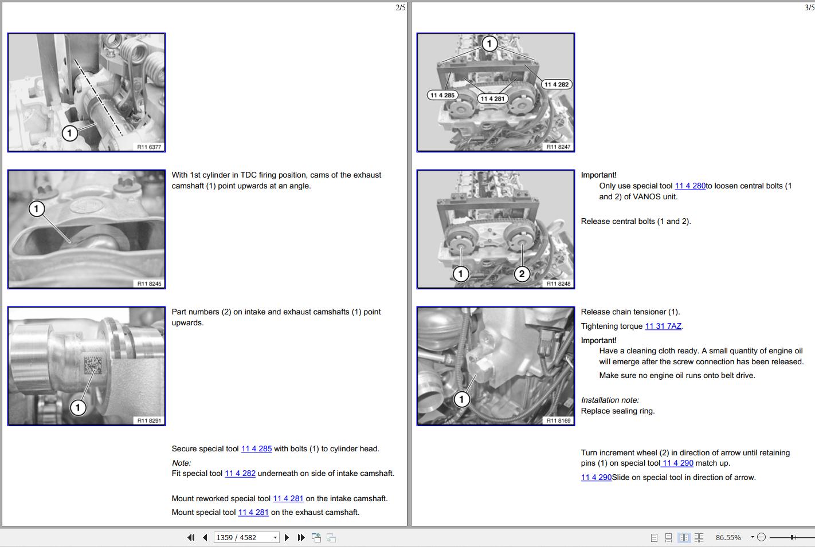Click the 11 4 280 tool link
pyautogui.click(x=690, y=186)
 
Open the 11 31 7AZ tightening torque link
pyautogui.click(x=663, y=326)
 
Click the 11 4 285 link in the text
pyautogui.click(x=257, y=449)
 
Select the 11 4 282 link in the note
pyautogui.click(x=240, y=474)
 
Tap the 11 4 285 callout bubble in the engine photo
pyautogui.click(x=442, y=95)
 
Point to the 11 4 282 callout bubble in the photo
pyautogui.click(x=557, y=84)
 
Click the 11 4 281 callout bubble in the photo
pyautogui.click(x=493, y=99)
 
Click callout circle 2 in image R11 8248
pyautogui.click(x=522, y=274)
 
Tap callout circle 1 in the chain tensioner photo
pyautogui.click(x=461, y=399)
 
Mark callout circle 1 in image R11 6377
pyautogui.click(x=69, y=133)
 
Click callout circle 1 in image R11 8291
pyautogui.click(x=77, y=407)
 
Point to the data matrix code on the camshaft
pyautogui.click(x=93, y=365)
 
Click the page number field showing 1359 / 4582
pyautogui.click(x=246, y=537)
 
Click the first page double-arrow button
pyautogui.click(x=191, y=537)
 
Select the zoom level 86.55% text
pyautogui.click(x=728, y=537)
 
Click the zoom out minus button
pyautogui.click(x=761, y=537)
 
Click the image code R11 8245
pyautogui.click(x=149, y=284)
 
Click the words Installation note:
pyautogui.click(x=610, y=400)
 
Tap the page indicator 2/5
pyautogui.click(x=400, y=7)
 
